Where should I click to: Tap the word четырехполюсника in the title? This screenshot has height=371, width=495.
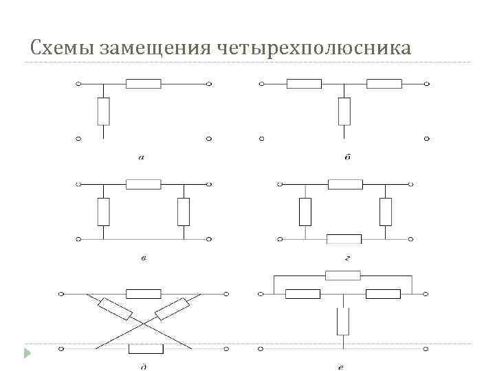coord(314,48)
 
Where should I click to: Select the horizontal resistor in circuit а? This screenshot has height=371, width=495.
coord(143,84)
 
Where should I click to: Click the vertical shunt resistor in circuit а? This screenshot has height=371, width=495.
coord(103,111)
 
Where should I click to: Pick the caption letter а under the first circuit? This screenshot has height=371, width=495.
coord(141,158)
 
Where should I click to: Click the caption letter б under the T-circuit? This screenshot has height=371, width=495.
coord(347,158)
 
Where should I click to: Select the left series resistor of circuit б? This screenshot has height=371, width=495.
coord(304,84)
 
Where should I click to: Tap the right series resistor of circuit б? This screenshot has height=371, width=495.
coord(384,84)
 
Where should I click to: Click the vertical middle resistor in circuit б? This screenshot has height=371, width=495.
coord(344,111)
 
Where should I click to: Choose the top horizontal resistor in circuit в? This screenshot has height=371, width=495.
coord(143,184)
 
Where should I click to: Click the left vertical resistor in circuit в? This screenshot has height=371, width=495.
coord(103,212)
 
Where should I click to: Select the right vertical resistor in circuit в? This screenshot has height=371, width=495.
coord(184,212)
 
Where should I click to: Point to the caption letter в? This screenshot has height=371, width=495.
coord(143,258)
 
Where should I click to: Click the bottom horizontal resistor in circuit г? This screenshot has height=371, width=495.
coord(344,239)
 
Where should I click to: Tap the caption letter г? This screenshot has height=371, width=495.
coord(349,258)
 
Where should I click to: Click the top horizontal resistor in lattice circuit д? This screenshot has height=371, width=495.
coord(144,294)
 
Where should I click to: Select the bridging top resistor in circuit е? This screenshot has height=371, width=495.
coord(343,276)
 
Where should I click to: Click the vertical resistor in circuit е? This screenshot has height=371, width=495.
coord(343,321)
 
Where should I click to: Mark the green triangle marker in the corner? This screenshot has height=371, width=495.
coord(27,354)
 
